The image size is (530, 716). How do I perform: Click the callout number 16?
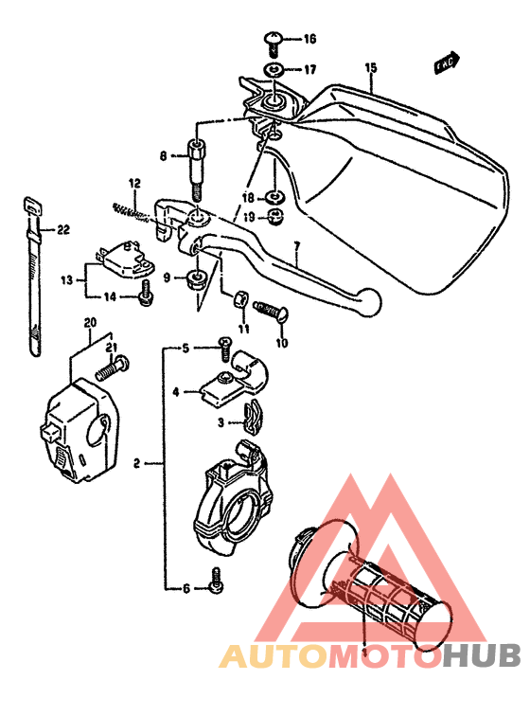(309, 39)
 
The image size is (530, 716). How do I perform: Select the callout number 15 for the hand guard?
(370, 67)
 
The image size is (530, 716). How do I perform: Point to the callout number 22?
(63, 229)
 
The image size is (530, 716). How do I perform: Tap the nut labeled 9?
(196, 278)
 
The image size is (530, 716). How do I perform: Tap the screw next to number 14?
(145, 295)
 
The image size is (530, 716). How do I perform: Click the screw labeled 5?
(225, 347)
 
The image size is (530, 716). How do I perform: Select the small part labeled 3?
(252, 413)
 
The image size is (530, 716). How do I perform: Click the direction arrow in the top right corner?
(446, 62)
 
